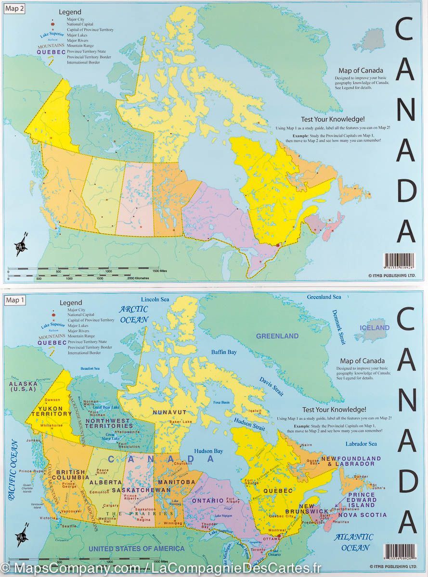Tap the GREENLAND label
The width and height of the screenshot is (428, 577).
pyautogui.click(x=277, y=336)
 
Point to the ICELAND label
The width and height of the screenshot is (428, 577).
pyautogui.click(x=375, y=328)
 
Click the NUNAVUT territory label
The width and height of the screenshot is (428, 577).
pyautogui.click(x=169, y=412)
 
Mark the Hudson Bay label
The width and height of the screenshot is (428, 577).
pyautogui.click(x=208, y=451)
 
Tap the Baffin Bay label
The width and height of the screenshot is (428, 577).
pyautogui.click(x=224, y=352)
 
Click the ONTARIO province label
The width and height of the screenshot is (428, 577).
pyautogui.click(x=208, y=501)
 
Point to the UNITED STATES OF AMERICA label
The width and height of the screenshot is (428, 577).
pyautogui.click(x=136, y=549)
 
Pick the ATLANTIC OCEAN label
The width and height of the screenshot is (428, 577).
pyautogui.click(x=354, y=542)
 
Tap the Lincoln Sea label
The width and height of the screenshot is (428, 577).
pyautogui.click(x=155, y=299)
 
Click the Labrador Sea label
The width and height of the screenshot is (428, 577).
pyautogui.click(x=361, y=444)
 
